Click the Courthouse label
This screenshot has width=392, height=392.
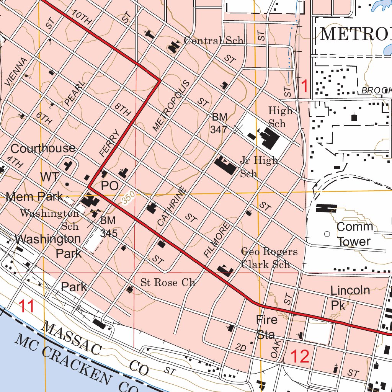coord(43,149)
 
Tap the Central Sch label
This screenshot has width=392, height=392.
coord(214,41)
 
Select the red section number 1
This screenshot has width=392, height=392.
coord(305,87)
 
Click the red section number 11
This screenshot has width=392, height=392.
coord(27,307)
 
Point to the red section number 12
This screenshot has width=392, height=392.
coord(300,356)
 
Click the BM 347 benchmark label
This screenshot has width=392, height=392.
coord(219,123)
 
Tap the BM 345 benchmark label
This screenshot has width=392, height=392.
coord(108,227)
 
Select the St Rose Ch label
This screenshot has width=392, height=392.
coord(168,283)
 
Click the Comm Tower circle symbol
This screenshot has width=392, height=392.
coord(327,234)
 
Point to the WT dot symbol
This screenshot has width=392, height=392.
coord(67,184)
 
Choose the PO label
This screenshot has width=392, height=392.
coord(109,186)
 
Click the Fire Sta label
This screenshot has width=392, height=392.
coord(266,327)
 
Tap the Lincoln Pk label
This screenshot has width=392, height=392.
coord(350,297)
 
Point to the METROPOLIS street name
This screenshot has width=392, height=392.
coord(171,106)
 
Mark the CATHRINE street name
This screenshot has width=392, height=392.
coord(171,206)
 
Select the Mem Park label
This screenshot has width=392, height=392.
coord(34,197)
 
